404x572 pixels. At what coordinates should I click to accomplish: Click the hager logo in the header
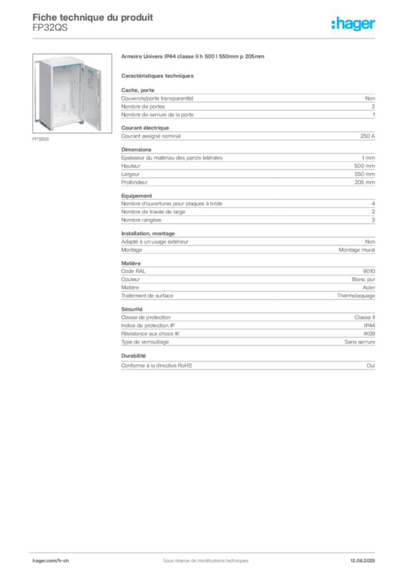point(353,23)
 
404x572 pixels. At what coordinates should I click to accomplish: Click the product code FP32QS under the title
point(50,28)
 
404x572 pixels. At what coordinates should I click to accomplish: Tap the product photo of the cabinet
point(72,93)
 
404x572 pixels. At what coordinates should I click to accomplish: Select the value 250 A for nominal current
point(368,136)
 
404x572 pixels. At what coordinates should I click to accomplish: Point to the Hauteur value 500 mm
point(364,166)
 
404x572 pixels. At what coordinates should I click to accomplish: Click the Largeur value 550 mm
point(364,174)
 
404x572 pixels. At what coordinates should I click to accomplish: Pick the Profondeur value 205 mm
point(364,182)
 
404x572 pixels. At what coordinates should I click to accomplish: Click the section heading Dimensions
point(136,150)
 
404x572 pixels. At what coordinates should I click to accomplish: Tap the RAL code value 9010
point(369,271)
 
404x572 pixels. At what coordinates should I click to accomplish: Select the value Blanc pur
point(363,279)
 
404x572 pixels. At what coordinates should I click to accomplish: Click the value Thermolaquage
point(356,295)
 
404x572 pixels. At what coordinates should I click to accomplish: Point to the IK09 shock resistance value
point(369,333)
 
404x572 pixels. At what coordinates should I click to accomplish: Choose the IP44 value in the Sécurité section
point(369,326)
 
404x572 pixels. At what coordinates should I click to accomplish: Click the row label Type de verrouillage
point(145,342)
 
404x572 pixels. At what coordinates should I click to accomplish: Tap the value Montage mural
point(357,250)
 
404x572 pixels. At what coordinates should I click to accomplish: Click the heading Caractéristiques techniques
point(157,76)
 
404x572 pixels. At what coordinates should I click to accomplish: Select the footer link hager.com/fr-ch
point(51,561)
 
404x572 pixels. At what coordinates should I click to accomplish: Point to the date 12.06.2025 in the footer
point(363,561)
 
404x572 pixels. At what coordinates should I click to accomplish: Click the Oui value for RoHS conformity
point(371,365)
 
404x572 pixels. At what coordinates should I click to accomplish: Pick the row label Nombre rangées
point(141,220)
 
